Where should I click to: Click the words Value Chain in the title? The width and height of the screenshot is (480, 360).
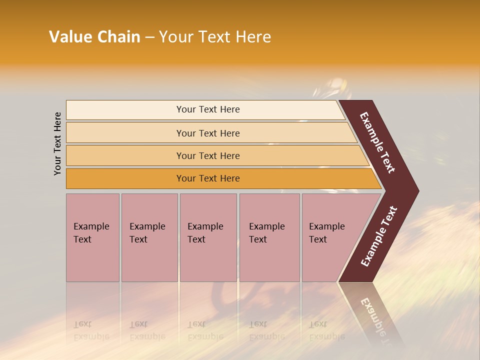click(x=94, y=37)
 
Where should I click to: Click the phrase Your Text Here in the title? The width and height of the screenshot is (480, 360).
click(x=215, y=37)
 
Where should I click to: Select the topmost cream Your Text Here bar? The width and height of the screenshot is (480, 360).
click(x=207, y=109)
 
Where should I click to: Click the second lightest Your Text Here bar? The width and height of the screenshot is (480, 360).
click(x=207, y=133)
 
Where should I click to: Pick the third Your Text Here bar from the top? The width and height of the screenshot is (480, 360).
click(x=207, y=155)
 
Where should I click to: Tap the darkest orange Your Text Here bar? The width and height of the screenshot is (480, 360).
click(x=207, y=178)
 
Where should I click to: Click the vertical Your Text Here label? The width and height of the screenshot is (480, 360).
click(x=57, y=143)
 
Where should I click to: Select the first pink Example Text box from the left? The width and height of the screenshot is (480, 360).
click(x=92, y=237)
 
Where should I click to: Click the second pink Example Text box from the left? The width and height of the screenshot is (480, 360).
click(x=149, y=237)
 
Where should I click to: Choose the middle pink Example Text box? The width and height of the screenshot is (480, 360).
click(x=208, y=237)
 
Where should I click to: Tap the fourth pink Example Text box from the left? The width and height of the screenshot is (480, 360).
click(x=269, y=237)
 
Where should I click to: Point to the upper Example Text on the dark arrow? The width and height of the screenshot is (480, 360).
click(x=377, y=142)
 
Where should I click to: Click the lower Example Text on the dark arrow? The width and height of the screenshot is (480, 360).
click(x=378, y=236)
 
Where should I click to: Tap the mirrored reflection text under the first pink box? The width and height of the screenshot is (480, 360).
click(x=91, y=330)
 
